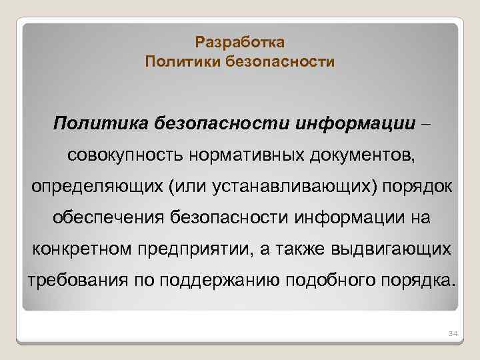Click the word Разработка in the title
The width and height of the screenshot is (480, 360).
(240, 43)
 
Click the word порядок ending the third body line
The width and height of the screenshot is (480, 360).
(421, 187)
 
